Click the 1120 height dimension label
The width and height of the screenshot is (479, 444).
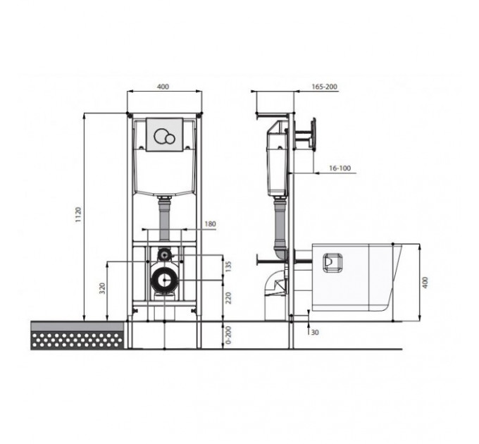79,215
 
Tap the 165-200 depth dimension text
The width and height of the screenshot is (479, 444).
325,87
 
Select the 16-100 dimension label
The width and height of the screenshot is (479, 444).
340,168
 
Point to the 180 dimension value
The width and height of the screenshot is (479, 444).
210,224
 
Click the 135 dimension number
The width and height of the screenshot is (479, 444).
228,266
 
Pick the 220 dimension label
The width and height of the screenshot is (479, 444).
228,298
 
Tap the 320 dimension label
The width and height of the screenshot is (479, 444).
102,288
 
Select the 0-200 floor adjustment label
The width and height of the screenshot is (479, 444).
228,335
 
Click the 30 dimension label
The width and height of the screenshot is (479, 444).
315,332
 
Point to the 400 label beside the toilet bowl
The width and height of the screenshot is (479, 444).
425,283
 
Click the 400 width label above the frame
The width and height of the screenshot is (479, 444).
163,87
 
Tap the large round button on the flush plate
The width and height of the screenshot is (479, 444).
161,136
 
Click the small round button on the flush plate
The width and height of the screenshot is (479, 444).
170,140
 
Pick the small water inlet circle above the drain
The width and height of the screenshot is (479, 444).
164,254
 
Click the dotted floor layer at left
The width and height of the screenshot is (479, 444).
77,340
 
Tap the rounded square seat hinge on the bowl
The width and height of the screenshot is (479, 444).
332,262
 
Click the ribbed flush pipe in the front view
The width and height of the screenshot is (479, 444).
165,218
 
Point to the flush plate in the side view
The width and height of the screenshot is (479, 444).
313,134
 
